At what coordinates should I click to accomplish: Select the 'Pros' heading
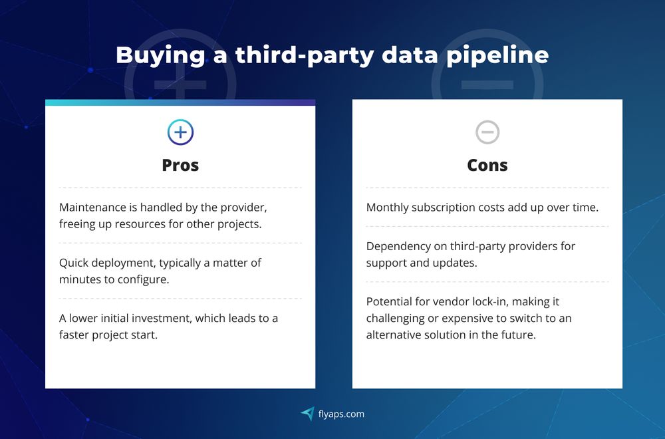coord(180,165)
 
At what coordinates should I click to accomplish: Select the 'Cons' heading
coord(487,165)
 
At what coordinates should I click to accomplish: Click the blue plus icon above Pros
coord(180,132)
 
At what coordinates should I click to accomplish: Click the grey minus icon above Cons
coord(487,132)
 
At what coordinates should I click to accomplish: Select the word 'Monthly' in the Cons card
coord(388,208)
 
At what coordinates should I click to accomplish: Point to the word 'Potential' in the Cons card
coord(390,301)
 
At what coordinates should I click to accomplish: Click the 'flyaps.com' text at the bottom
coord(340,414)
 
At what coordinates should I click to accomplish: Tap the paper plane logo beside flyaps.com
coord(307,414)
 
